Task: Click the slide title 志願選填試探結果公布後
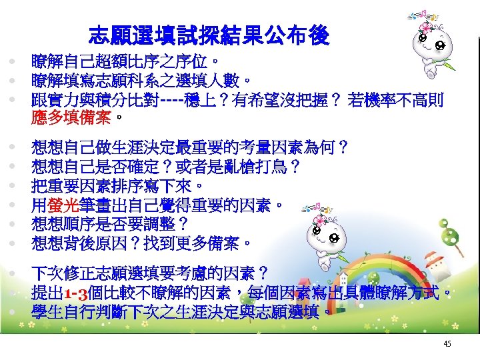208,35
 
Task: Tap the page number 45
447,343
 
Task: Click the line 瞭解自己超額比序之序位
123,63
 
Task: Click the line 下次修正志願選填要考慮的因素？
150,273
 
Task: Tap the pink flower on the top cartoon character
425,27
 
